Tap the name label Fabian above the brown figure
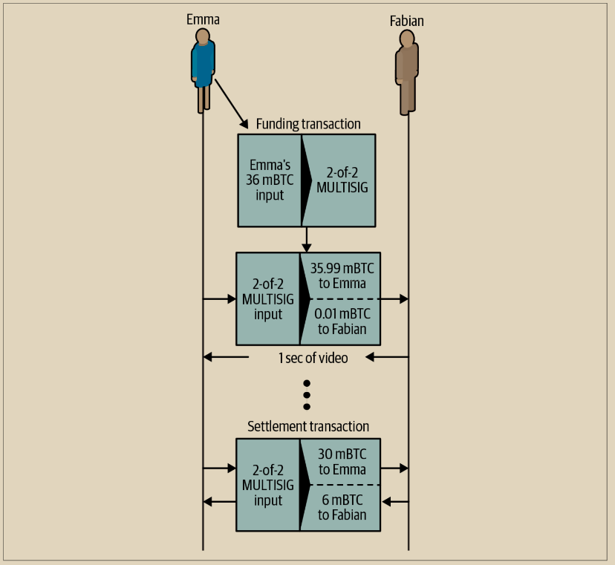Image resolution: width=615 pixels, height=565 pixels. coord(407,21)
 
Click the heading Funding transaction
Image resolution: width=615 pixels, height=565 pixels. coord(308,124)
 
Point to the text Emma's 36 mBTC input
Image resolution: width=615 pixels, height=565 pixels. coord(265,180)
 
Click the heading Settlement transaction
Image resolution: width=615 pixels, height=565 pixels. coord(307,426)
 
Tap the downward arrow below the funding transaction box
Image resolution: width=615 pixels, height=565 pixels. coord(307,239)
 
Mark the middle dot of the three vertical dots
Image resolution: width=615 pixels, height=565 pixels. coord(306,394)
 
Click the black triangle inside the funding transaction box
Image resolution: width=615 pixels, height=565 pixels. coord(305,180)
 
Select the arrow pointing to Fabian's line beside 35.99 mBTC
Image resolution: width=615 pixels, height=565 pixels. coord(394,298)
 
